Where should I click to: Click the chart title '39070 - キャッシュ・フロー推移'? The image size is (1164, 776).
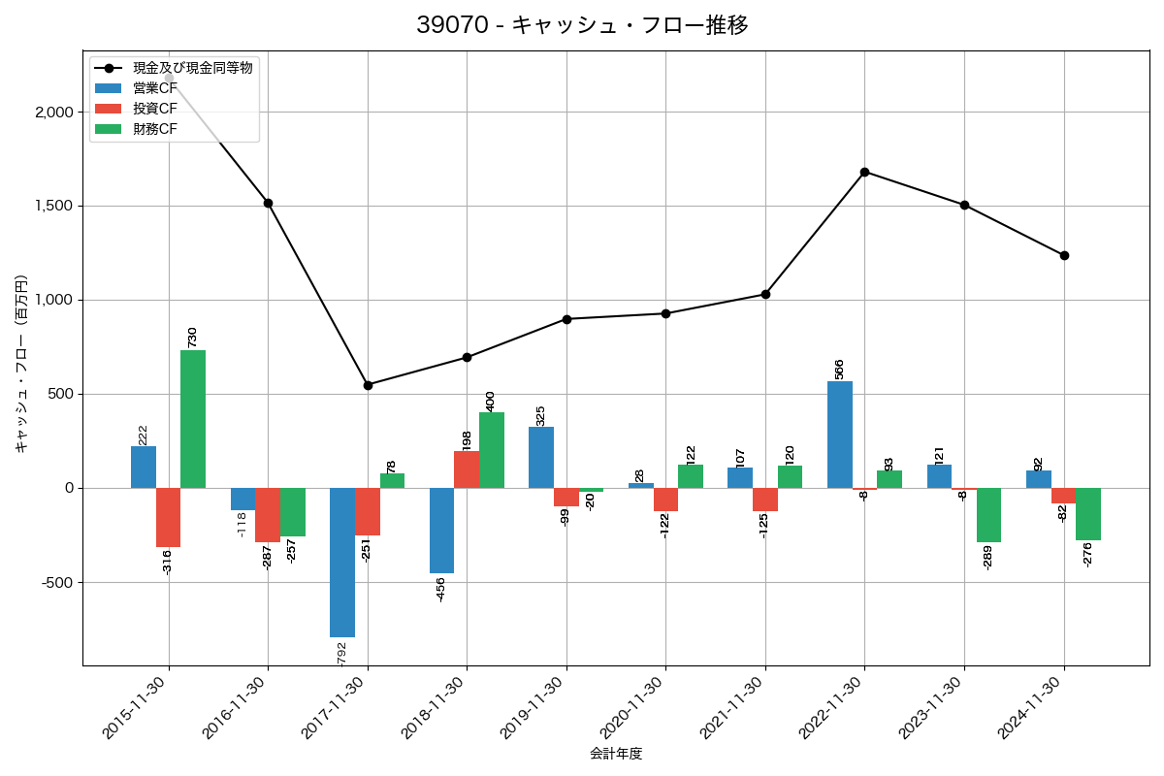coord(582,25)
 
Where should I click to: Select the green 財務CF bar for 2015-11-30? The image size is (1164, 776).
coord(193,419)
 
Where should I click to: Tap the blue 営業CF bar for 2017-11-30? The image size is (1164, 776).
coord(342,563)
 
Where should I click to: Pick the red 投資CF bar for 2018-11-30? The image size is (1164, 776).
coord(467,469)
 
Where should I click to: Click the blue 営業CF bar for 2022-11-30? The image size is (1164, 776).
coord(840,435)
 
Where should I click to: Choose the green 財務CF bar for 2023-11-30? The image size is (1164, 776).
coord(989,515)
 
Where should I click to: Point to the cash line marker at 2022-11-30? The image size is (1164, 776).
coord(864,172)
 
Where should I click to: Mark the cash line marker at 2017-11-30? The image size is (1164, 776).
coord(368,385)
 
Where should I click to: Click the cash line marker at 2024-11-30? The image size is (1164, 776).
coord(1064,255)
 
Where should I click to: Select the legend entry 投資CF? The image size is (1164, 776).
coord(155,109)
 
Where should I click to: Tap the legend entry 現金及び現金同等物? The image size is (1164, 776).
coord(192,68)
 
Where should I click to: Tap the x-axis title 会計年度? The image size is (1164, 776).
coord(616,754)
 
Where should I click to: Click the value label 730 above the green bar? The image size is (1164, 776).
coord(192,337)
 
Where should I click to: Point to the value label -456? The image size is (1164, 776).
coord(441,589)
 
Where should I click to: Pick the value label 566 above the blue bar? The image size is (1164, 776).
coord(840,369)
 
